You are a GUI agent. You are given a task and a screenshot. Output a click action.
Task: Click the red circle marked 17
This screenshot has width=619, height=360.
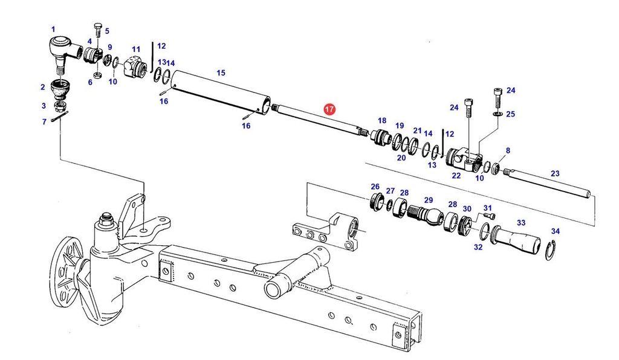tap(329, 109)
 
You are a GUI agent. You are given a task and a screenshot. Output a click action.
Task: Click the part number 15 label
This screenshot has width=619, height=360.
tap(221, 72)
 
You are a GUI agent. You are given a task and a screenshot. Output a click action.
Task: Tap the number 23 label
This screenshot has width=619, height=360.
tap(555, 173)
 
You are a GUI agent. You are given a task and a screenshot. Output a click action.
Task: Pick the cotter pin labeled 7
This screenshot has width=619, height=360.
tap(59, 117)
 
